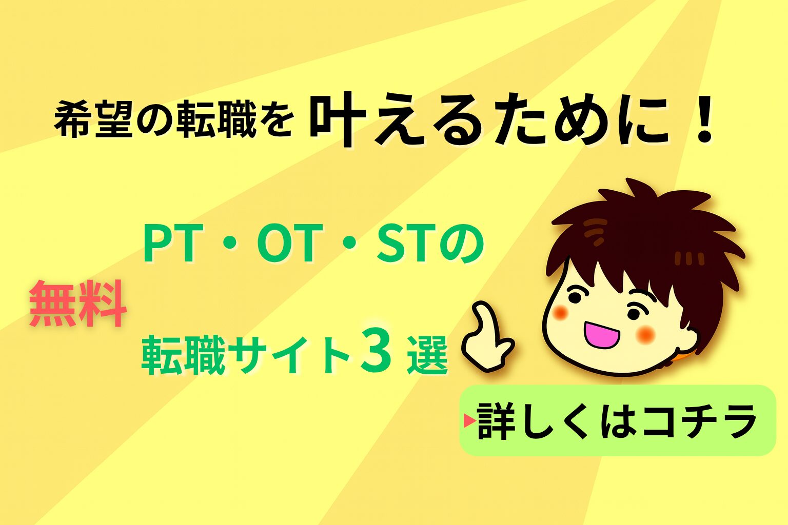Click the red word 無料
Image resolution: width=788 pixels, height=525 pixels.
78,304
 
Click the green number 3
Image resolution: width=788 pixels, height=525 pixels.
376,354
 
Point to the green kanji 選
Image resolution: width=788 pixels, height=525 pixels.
428,355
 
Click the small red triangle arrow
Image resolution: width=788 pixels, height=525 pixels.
469,420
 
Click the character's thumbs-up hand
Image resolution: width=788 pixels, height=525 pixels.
487,335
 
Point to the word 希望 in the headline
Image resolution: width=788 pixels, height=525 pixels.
93,118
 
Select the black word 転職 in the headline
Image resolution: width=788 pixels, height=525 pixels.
215,118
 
